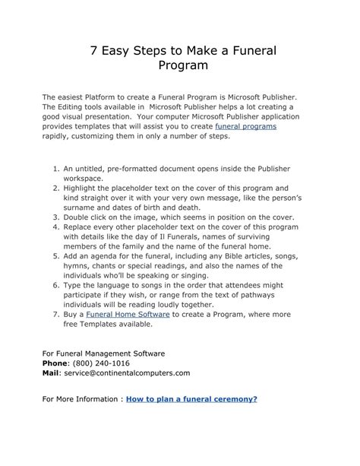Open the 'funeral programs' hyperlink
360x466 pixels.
pyautogui.click(x=245, y=126)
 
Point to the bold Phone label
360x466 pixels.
pyautogui.click(x=56, y=363)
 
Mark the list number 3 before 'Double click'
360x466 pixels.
pyautogui.click(x=55, y=217)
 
